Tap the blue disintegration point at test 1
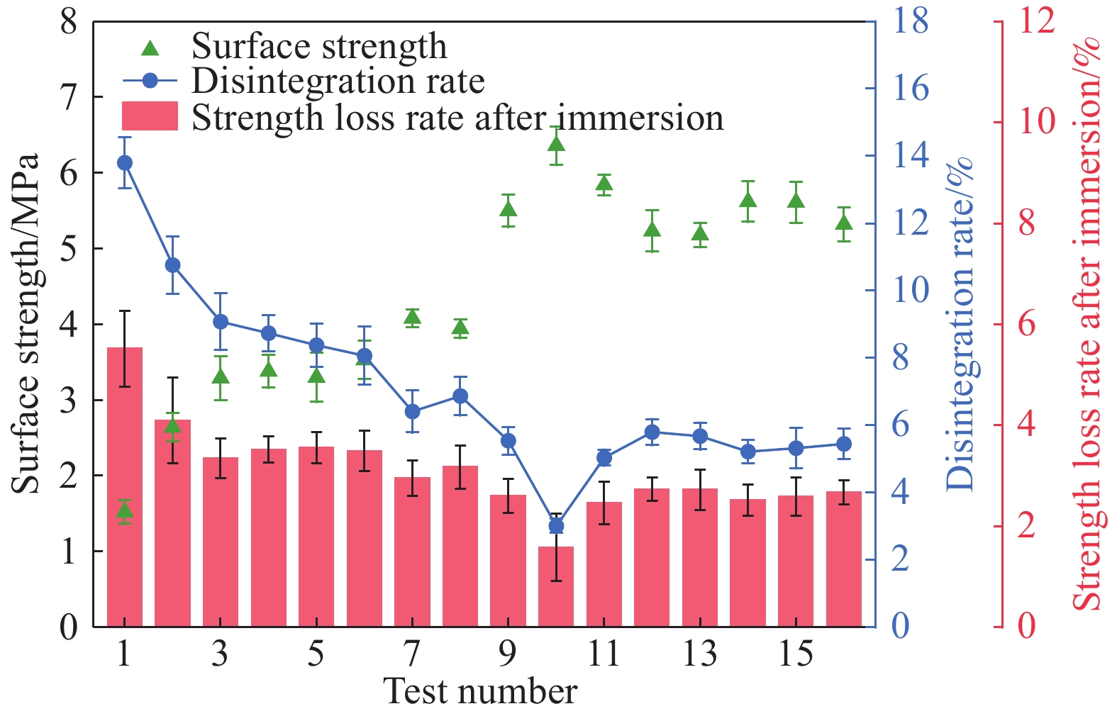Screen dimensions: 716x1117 (125, 163)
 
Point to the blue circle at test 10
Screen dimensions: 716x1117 (556, 526)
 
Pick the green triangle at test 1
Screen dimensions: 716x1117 (125, 510)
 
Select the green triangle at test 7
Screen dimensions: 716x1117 (412, 317)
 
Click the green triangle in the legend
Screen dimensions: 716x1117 (150, 48)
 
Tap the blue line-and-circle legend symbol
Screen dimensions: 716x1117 (150, 82)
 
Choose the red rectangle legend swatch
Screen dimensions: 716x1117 (150, 116)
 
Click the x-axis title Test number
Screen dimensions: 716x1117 (480, 691)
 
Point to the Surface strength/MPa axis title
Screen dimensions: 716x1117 (26, 324)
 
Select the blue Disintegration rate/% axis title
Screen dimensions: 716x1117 (960, 324)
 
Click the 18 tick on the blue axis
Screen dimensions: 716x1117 (911, 21)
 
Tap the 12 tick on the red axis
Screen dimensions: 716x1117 (1036, 21)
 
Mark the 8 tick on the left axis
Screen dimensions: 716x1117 (69, 21)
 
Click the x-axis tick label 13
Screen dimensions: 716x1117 (700, 654)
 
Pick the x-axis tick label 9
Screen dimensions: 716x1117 (508, 654)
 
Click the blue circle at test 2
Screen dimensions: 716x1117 (172, 265)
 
